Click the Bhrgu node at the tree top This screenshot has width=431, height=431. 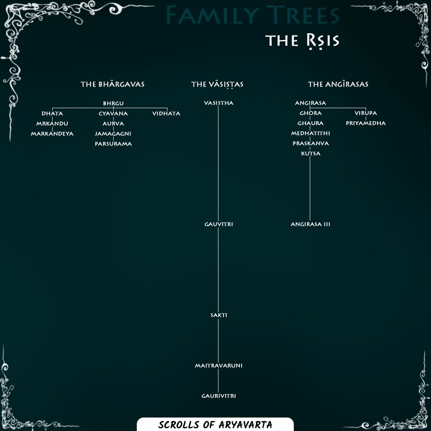point(113,104)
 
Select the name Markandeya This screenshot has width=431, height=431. point(52,134)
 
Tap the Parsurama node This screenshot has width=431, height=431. point(113,144)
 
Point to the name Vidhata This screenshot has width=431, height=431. point(166,114)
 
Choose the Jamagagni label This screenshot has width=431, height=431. point(113,134)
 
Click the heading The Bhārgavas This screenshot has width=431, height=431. point(112,85)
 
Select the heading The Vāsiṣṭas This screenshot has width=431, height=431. point(217,85)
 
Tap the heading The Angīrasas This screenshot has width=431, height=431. point(338,85)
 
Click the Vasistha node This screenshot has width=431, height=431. point(218,104)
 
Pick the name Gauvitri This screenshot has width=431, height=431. point(218,225)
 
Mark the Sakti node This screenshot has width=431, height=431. point(218,315)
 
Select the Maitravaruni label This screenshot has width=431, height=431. point(218,366)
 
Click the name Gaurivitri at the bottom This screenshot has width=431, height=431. point(218,396)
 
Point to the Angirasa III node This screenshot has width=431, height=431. point(311,225)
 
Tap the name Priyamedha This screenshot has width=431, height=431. point(366,124)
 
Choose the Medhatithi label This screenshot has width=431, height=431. point(311,133)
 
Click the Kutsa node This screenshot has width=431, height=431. point(311,154)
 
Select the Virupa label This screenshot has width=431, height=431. point(366,114)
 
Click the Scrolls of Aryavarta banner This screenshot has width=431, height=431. point(215,424)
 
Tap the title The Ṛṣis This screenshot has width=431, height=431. point(302,41)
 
